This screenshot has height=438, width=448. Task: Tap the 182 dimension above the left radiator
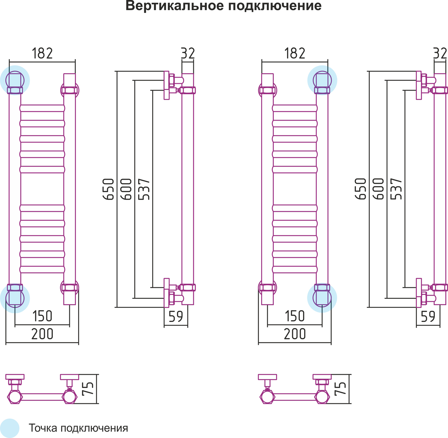42,53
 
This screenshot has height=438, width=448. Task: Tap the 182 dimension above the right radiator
295,53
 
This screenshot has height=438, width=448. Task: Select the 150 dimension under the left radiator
42,316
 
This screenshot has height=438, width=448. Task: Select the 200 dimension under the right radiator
295,334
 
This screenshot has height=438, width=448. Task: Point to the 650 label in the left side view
109,189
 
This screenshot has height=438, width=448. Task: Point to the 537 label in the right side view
397,189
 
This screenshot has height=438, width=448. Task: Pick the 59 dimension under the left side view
176,316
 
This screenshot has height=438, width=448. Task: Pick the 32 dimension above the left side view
188,53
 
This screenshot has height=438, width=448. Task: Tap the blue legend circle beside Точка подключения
9,428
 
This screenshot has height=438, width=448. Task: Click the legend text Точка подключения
78,428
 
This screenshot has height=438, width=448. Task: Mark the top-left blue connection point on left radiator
15,80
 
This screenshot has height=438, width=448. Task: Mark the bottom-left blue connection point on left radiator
15,298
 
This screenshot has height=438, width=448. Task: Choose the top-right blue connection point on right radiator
322,80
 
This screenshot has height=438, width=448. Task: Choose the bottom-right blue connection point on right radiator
322,298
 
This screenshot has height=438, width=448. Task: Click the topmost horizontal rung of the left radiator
42,108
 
